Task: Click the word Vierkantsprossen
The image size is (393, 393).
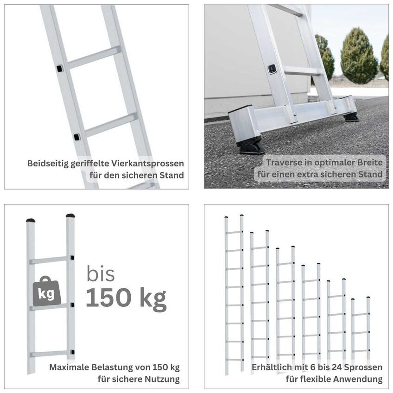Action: click(148, 164)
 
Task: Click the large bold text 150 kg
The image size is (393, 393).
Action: click(126, 298)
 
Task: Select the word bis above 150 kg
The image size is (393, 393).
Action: click(101, 274)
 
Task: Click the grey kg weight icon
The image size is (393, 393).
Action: click(47, 292)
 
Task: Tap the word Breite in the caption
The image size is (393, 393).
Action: click(370, 162)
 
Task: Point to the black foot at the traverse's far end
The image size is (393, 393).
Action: click(351, 118)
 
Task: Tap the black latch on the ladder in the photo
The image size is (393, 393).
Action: click(272, 69)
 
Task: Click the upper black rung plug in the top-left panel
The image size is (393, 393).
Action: click(60, 69)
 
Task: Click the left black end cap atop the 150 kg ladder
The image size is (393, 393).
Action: click(31, 221)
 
